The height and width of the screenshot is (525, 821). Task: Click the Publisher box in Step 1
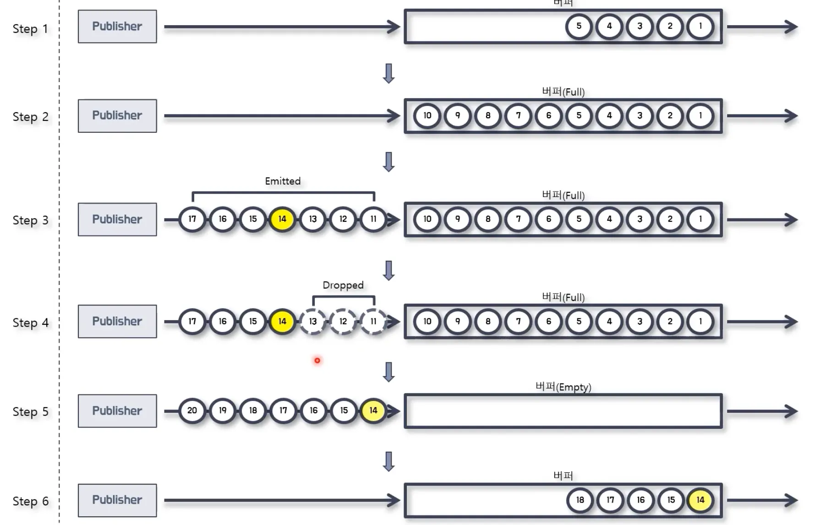tap(117, 27)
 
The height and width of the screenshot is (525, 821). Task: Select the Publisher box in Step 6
tap(117, 500)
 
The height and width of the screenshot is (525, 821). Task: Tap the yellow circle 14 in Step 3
tap(282, 219)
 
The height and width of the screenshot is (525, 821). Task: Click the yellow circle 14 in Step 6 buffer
tap(701, 500)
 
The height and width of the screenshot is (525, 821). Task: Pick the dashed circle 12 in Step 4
tap(343, 322)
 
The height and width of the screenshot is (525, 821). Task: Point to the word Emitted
tap(283, 181)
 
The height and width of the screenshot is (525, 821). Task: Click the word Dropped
tap(343, 285)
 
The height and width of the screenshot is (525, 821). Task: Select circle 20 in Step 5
tap(192, 410)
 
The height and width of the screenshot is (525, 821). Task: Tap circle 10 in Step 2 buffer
tap(427, 116)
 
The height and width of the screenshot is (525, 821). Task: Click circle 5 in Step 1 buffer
tap(579, 27)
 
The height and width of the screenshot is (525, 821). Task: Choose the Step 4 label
tap(31, 323)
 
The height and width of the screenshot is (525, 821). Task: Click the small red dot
tap(317, 361)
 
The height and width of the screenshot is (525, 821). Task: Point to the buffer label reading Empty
tap(563, 387)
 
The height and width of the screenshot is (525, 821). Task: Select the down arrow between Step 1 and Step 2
tap(389, 73)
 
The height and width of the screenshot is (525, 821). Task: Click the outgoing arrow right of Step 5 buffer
tap(762, 411)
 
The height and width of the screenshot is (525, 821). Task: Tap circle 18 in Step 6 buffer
tap(580, 500)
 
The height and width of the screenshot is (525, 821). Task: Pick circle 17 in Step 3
tap(192, 219)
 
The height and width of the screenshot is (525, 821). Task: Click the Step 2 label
tap(31, 117)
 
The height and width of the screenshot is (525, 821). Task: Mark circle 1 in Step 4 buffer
tap(701, 322)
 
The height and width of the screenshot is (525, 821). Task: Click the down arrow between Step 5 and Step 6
tap(389, 461)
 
